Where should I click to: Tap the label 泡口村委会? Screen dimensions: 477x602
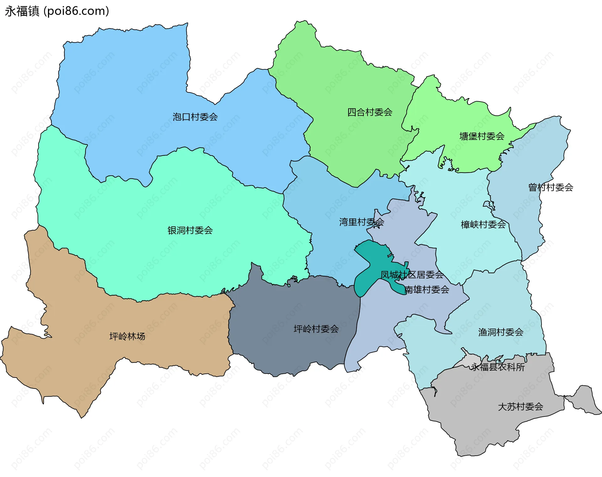[195, 117]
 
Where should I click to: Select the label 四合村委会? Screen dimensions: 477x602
[370, 112]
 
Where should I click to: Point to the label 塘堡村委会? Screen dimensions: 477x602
[482, 136]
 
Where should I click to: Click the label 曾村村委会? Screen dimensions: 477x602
[551, 188]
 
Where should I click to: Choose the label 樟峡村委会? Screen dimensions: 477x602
[483, 225]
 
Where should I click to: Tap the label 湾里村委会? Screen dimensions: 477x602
[362, 222]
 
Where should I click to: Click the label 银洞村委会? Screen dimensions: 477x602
[190, 231]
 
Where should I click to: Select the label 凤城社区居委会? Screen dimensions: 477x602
[412, 275]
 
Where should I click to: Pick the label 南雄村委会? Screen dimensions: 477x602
[427, 289]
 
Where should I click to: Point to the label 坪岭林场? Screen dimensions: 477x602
[127, 337]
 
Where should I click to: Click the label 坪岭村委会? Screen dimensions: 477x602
[316, 329]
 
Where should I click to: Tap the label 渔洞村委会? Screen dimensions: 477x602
[501, 332]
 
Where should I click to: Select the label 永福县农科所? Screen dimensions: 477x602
[498, 367]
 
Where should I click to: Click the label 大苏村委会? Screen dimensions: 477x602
[520, 407]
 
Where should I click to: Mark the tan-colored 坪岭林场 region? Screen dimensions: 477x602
[78, 361]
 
